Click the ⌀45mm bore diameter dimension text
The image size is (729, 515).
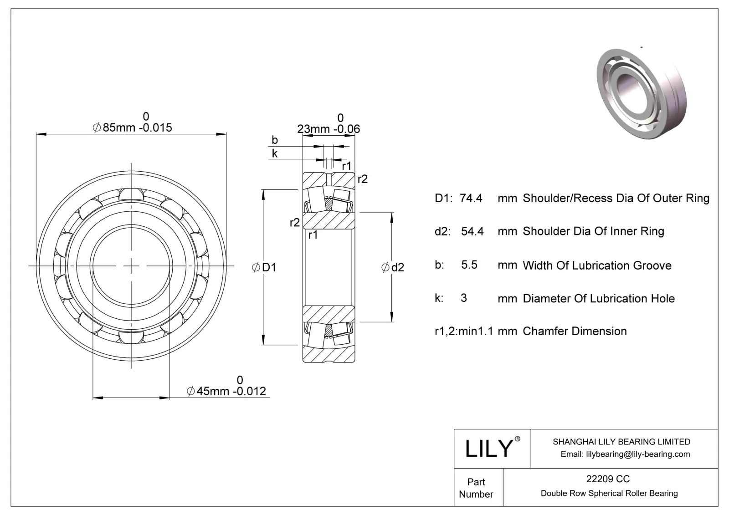[226, 391]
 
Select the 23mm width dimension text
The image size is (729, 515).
[328, 129]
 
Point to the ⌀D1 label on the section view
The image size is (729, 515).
[264, 267]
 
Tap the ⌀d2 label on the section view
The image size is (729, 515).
[393, 267]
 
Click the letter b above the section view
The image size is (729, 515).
[274, 140]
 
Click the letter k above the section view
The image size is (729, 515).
[274, 153]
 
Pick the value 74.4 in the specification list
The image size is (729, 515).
[471, 198]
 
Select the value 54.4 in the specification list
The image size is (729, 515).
[472, 231]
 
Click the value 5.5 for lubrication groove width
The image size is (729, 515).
[469, 265]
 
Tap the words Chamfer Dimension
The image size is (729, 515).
[575, 331]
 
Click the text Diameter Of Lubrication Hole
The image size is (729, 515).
[599, 298]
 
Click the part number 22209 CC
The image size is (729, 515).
[608, 479]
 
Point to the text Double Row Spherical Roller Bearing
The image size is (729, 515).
[609, 493]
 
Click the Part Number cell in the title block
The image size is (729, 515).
[476, 488]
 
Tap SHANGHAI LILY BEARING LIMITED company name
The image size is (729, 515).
[621, 442]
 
